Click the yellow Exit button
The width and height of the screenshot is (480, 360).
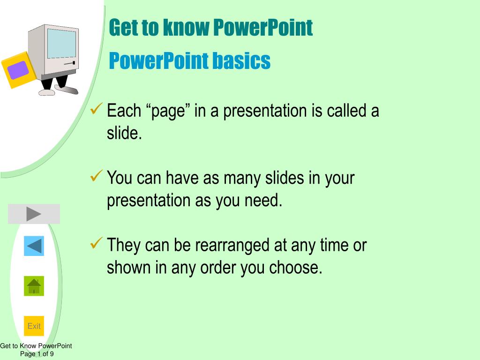click(34, 326)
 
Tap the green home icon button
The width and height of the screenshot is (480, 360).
click(34, 286)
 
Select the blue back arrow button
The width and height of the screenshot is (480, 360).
click(34, 246)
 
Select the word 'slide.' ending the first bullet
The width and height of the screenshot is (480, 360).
click(124, 134)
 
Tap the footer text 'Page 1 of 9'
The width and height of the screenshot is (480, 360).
click(37, 354)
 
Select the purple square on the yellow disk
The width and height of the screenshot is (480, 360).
click(18, 70)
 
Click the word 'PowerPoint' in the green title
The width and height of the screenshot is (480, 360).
click(262, 28)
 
